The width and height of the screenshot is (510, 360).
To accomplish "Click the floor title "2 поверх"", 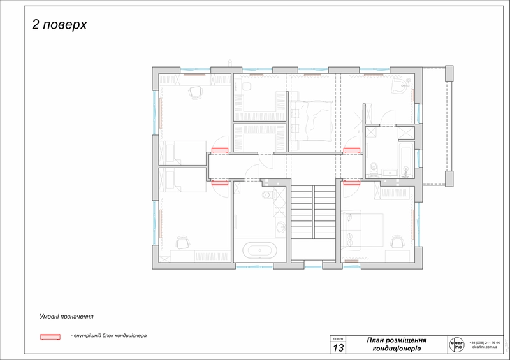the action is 59,25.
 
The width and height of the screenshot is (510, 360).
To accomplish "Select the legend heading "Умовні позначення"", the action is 66,316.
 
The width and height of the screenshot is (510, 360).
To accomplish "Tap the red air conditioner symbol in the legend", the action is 50,336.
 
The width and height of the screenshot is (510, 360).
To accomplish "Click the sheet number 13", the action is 338,348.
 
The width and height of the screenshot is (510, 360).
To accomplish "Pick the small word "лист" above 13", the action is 338,338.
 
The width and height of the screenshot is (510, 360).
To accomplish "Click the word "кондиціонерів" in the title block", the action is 397,349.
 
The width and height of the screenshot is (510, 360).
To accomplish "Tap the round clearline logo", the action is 456,345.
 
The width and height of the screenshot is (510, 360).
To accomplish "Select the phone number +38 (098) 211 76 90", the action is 484,342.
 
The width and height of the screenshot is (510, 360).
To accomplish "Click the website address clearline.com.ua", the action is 484,347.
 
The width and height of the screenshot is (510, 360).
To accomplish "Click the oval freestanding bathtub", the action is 260,250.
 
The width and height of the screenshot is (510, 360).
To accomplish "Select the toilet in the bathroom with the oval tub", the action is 268,195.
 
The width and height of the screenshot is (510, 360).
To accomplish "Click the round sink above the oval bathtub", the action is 280,226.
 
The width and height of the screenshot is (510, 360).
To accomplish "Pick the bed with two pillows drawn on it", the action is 362,230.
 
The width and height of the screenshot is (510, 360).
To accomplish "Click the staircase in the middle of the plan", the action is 314,212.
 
